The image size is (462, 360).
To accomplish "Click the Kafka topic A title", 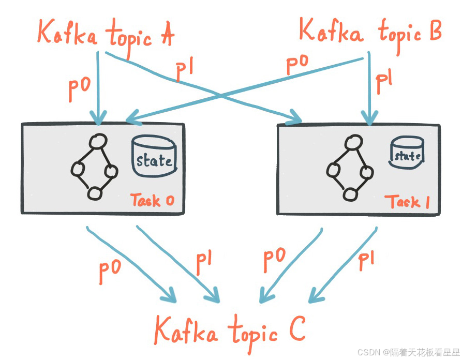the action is pyautogui.click(x=106, y=34).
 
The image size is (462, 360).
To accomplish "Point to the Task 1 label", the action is pyautogui.click(x=407, y=201).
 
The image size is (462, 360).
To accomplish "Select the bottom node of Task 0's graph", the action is pyautogui.click(x=94, y=193).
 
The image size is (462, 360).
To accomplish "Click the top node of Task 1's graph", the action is pyautogui.click(x=354, y=142).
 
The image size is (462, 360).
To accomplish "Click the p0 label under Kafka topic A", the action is pyautogui.click(x=80, y=89).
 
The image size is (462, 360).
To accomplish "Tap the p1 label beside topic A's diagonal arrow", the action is pyautogui.click(x=184, y=72).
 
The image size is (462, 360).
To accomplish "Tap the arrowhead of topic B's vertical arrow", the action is pyautogui.click(x=368, y=119).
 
